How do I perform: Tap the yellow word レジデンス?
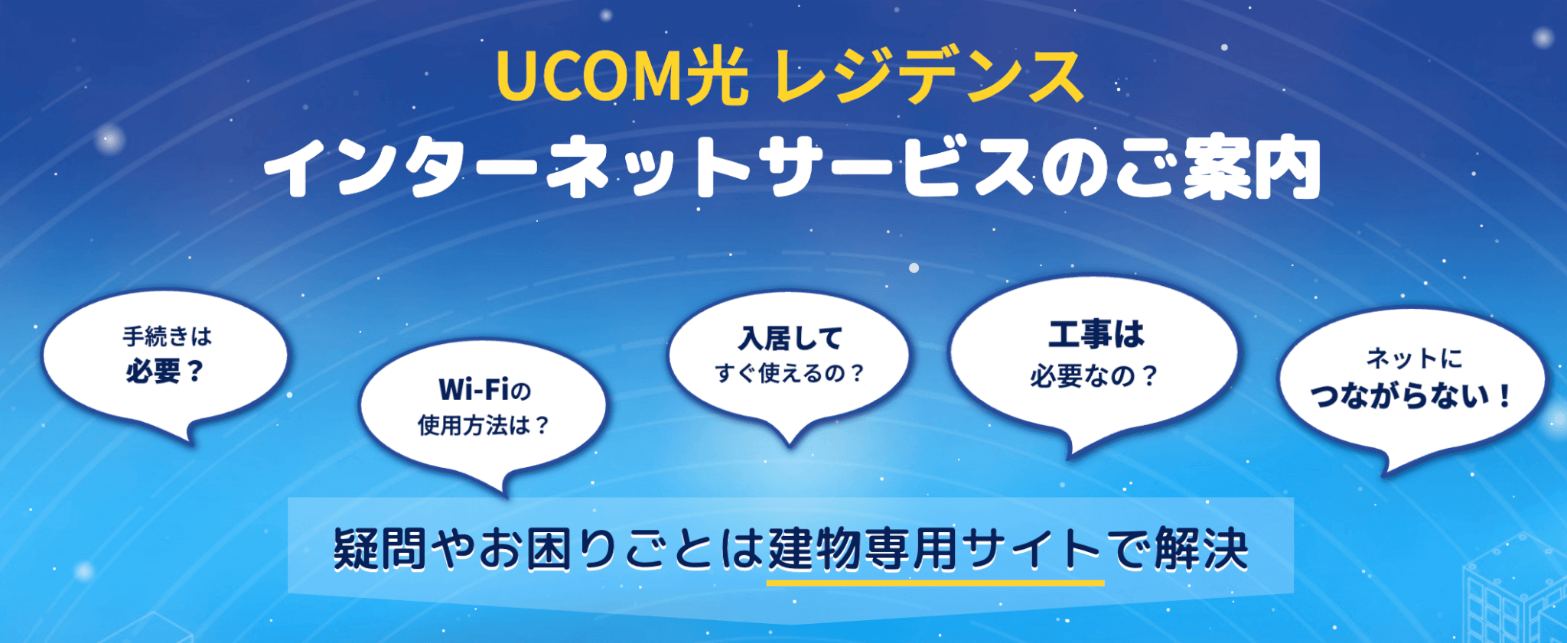coord(929,76)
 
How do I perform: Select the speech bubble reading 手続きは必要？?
coord(165,355)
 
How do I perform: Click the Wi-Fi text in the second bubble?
coord(474,390)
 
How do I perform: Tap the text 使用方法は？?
coord(483,425)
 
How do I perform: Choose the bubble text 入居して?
coord(790,339)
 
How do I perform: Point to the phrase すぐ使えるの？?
coord(790,373)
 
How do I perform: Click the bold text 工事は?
coord(1096,335)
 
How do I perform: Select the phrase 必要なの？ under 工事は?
coord(1094,375)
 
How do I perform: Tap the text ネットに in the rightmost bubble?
coord(1413,358)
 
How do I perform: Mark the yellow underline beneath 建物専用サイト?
coord(935,583)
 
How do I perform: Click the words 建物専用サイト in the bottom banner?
coord(935,549)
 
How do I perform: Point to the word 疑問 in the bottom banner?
coord(380,549)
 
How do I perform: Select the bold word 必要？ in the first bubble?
coord(165,372)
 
